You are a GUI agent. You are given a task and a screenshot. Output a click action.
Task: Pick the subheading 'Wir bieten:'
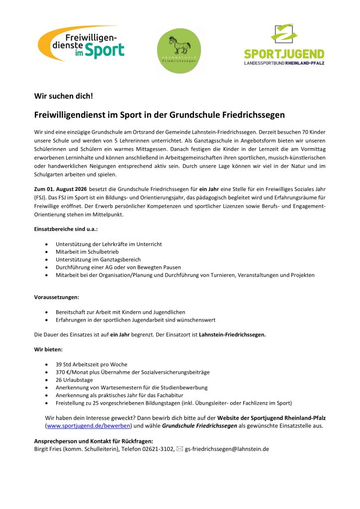[x=48, y=350]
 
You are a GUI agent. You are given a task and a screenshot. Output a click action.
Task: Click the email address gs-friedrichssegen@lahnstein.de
[x=227, y=448]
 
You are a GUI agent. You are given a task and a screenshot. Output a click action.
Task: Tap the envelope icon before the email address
[x=180, y=448]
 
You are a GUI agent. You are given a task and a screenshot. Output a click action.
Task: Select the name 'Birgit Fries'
[x=48, y=448]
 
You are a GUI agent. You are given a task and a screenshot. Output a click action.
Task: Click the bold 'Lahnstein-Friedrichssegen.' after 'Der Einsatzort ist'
[x=232, y=335]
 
